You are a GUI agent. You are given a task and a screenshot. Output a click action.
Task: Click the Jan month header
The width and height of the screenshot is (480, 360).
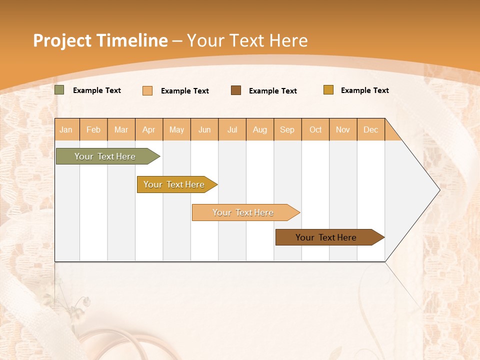pyautogui.click(x=66, y=129)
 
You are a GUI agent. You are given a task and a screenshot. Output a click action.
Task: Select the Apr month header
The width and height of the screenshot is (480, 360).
pyautogui.click(x=149, y=129)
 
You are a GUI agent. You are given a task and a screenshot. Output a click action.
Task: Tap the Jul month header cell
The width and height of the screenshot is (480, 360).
pyautogui.click(x=232, y=129)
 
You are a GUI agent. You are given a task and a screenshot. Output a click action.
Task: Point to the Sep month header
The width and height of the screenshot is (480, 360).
pyautogui.click(x=287, y=129)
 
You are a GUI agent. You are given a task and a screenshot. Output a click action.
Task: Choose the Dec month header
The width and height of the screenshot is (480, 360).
pyautogui.click(x=371, y=129)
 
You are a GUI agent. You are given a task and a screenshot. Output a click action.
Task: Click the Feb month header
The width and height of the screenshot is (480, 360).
pyautogui.click(x=93, y=129)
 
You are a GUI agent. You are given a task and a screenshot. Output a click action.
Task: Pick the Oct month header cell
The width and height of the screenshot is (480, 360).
pyautogui.click(x=315, y=129)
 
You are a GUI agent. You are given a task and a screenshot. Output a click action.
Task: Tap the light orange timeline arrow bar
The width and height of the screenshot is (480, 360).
pyautogui.click(x=243, y=212)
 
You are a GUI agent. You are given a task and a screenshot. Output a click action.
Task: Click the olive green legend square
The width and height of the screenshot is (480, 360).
pyautogui.click(x=59, y=90)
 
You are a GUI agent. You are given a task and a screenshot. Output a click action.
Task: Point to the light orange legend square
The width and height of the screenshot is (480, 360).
pyautogui.click(x=147, y=90)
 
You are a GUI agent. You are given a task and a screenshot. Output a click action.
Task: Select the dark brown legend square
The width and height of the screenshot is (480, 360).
pyautogui.click(x=236, y=90)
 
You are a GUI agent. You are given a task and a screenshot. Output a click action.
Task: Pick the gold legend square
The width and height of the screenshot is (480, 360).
pyautogui.click(x=328, y=90)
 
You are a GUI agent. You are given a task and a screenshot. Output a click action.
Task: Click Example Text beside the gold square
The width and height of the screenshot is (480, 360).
pyautogui.click(x=365, y=90)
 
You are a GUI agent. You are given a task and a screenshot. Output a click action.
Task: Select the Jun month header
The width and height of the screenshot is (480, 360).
pyautogui.click(x=204, y=129)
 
